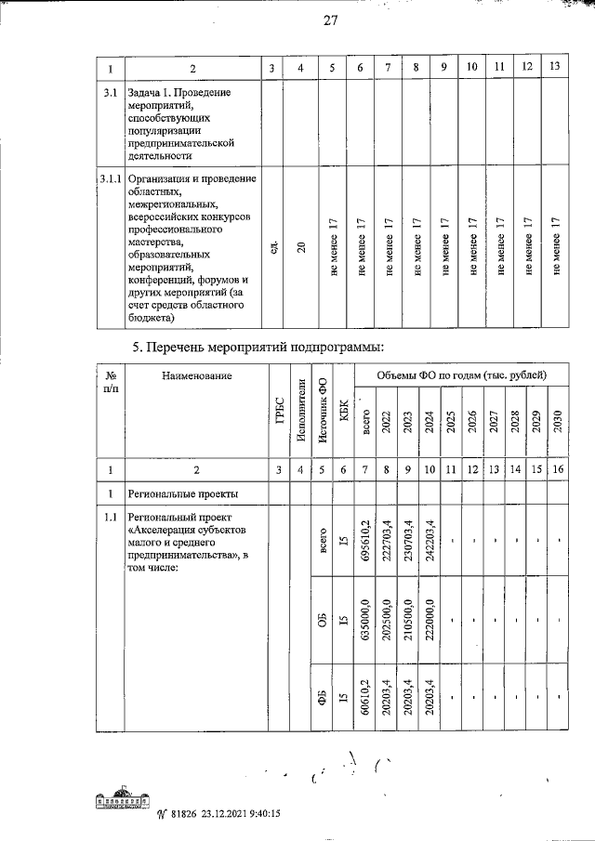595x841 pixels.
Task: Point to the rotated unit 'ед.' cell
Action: (x=271, y=250)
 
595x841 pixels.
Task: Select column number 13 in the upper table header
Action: (x=555, y=67)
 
